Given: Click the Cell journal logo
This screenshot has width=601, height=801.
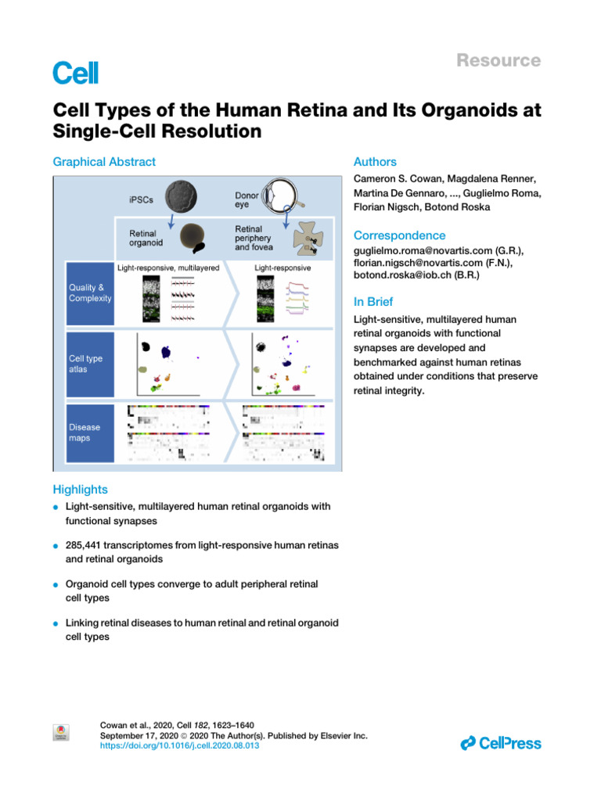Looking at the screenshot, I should (x=76, y=74).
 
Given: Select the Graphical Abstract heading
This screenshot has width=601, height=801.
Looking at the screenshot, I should (x=103, y=162).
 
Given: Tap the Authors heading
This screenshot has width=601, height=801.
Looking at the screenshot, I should (x=375, y=162).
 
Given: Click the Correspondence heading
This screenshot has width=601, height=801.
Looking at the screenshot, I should (x=400, y=235).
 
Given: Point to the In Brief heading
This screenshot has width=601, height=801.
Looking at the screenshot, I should (x=373, y=302).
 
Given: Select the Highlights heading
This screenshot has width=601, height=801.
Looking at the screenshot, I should (x=80, y=489).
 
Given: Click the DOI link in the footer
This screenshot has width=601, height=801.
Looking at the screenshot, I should (x=180, y=747).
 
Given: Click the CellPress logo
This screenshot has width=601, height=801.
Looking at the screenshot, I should (x=501, y=743).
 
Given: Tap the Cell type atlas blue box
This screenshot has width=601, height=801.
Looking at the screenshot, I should (x=90, y=364).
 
